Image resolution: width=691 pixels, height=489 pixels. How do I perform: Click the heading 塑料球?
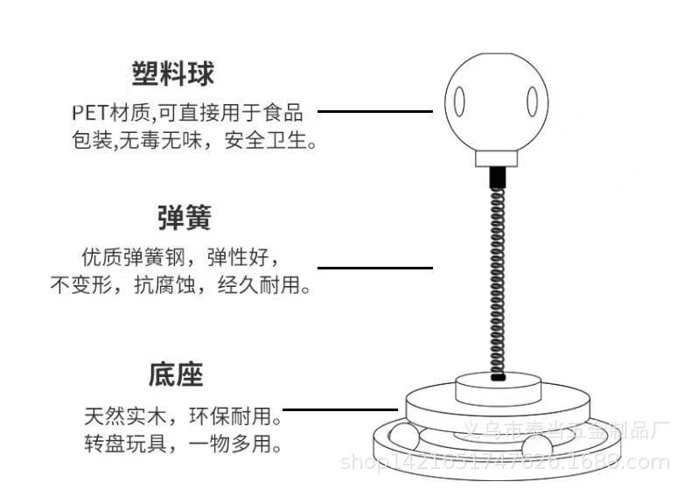[172, 73]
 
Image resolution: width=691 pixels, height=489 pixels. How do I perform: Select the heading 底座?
[175, 376]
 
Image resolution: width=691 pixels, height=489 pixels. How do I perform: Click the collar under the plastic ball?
[498, 158]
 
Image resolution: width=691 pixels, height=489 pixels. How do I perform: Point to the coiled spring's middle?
[498, 271]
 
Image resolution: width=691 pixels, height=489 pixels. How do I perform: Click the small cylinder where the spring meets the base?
[498, 385]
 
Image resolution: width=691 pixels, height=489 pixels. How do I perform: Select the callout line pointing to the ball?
[374, 112]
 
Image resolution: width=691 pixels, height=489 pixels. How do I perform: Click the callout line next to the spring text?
[374, 268]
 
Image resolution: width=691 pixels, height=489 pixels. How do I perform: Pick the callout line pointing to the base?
[341, 409]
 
